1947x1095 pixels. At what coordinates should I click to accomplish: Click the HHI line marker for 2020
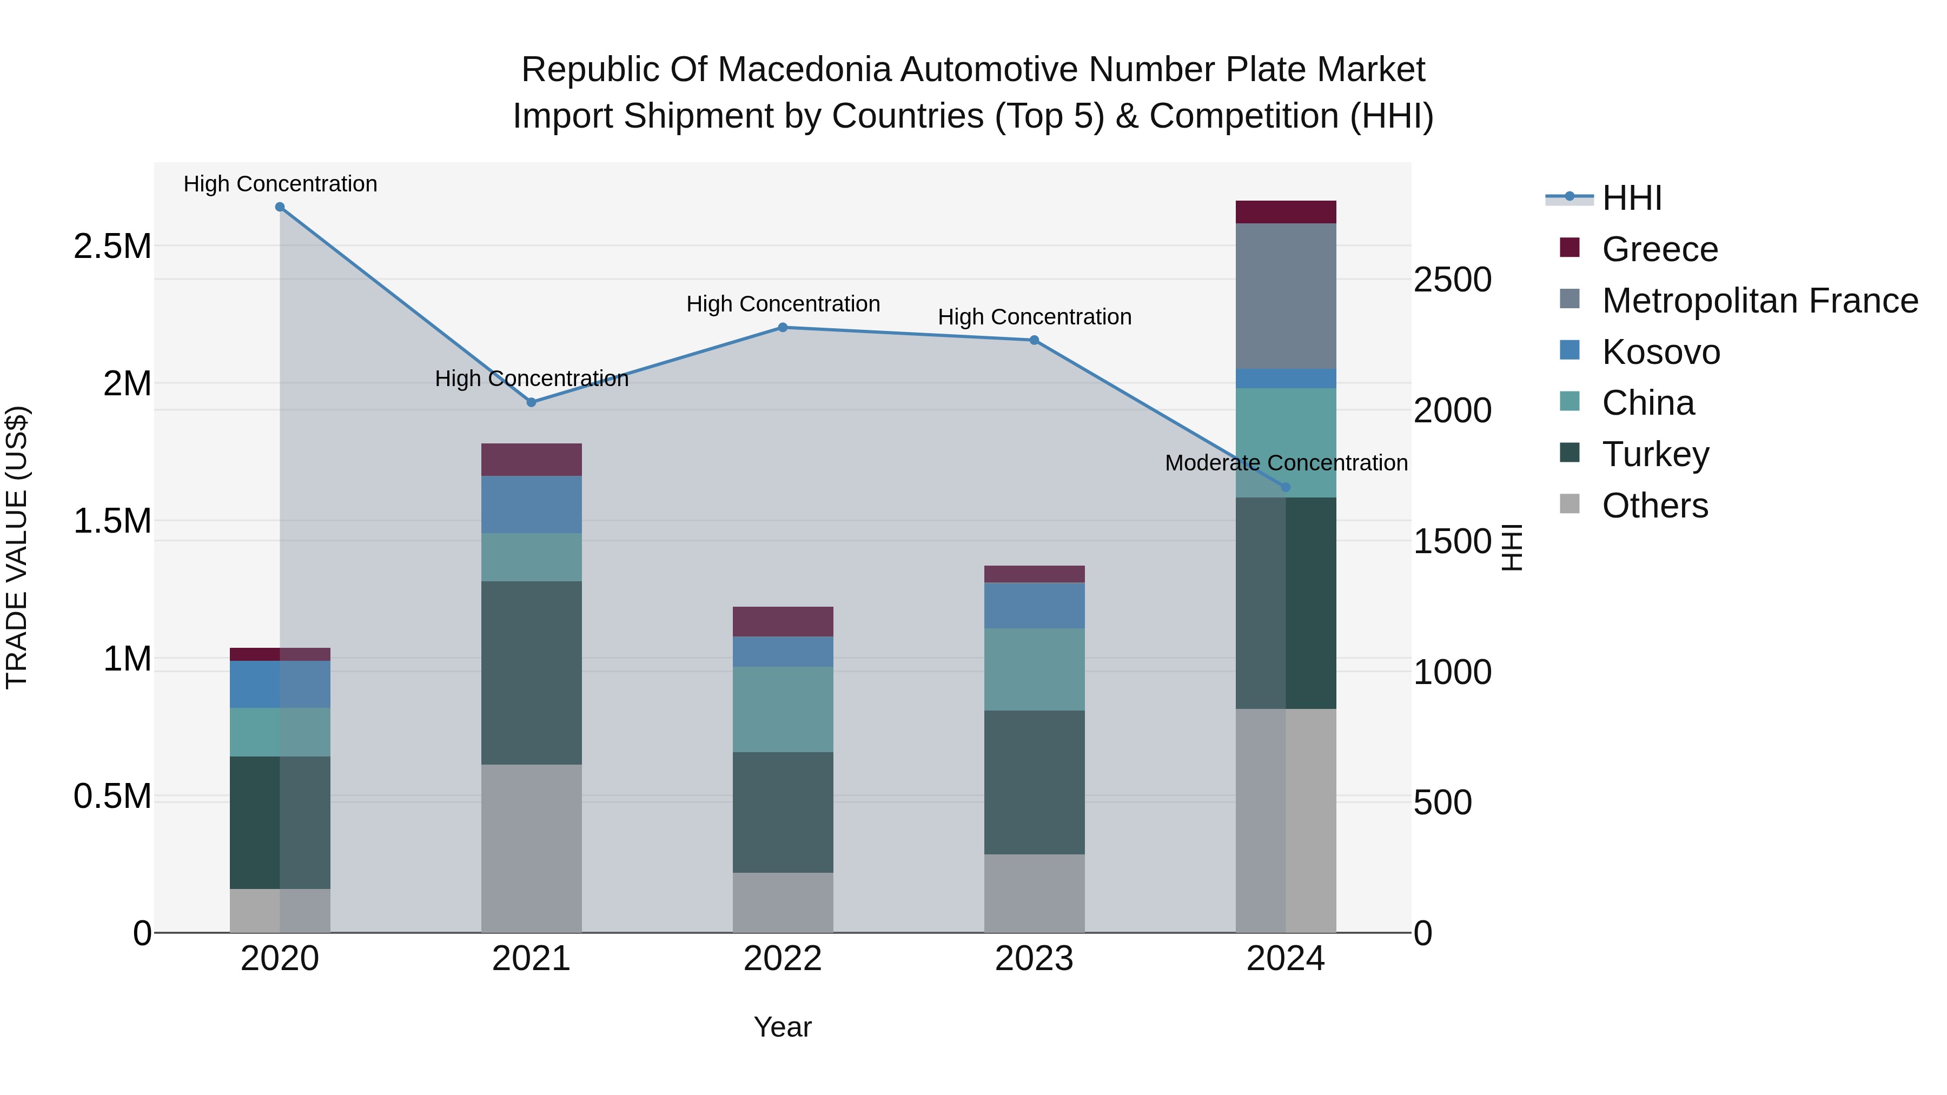pyautogui.click(x=280, y=207)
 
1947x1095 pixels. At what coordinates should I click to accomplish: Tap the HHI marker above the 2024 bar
pyautogui.click(x=1286, y=487)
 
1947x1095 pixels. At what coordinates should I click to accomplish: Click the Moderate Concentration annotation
pyautogui.click(x=1286, y=462)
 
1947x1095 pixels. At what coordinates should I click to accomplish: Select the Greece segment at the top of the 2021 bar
pyautogui.click(x=531, y=460)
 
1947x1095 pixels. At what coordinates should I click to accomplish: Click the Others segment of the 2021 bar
pyautogui.click(x=531, y=848)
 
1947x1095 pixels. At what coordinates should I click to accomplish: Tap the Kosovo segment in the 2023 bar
pyautogui.click(x=1034, y=605)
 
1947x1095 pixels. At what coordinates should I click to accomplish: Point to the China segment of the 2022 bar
pyautogui.click(x=783, y=709)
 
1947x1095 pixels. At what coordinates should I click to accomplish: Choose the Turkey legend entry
pyautogui.click(x=1655, y=454)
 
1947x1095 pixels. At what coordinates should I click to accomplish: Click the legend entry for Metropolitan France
pyautogui.click(x=1759, y=301)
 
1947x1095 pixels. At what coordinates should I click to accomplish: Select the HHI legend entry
pyautogui.click(x=1631, y=198)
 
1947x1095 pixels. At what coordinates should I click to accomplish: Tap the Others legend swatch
pyautogui.click(x=1570, y=504)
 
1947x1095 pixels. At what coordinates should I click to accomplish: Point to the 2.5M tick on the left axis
pyautogui.click(x=112, y=247)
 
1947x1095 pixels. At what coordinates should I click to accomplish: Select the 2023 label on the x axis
pyautogui.click(x=1034, y=959)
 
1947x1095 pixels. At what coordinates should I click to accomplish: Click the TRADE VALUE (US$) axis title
pyautogui.click(x=17, y=547)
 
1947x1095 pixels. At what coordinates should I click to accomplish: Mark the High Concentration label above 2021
pyautogui.click(x=531, y=379)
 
